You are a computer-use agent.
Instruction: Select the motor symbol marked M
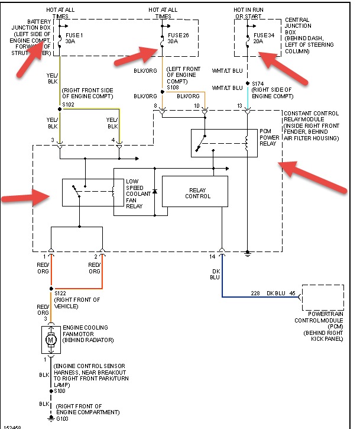tap(50, 341)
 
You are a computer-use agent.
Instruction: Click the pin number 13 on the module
tap(239, 105)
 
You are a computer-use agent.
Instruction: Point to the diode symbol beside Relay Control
tap(154, 192)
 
